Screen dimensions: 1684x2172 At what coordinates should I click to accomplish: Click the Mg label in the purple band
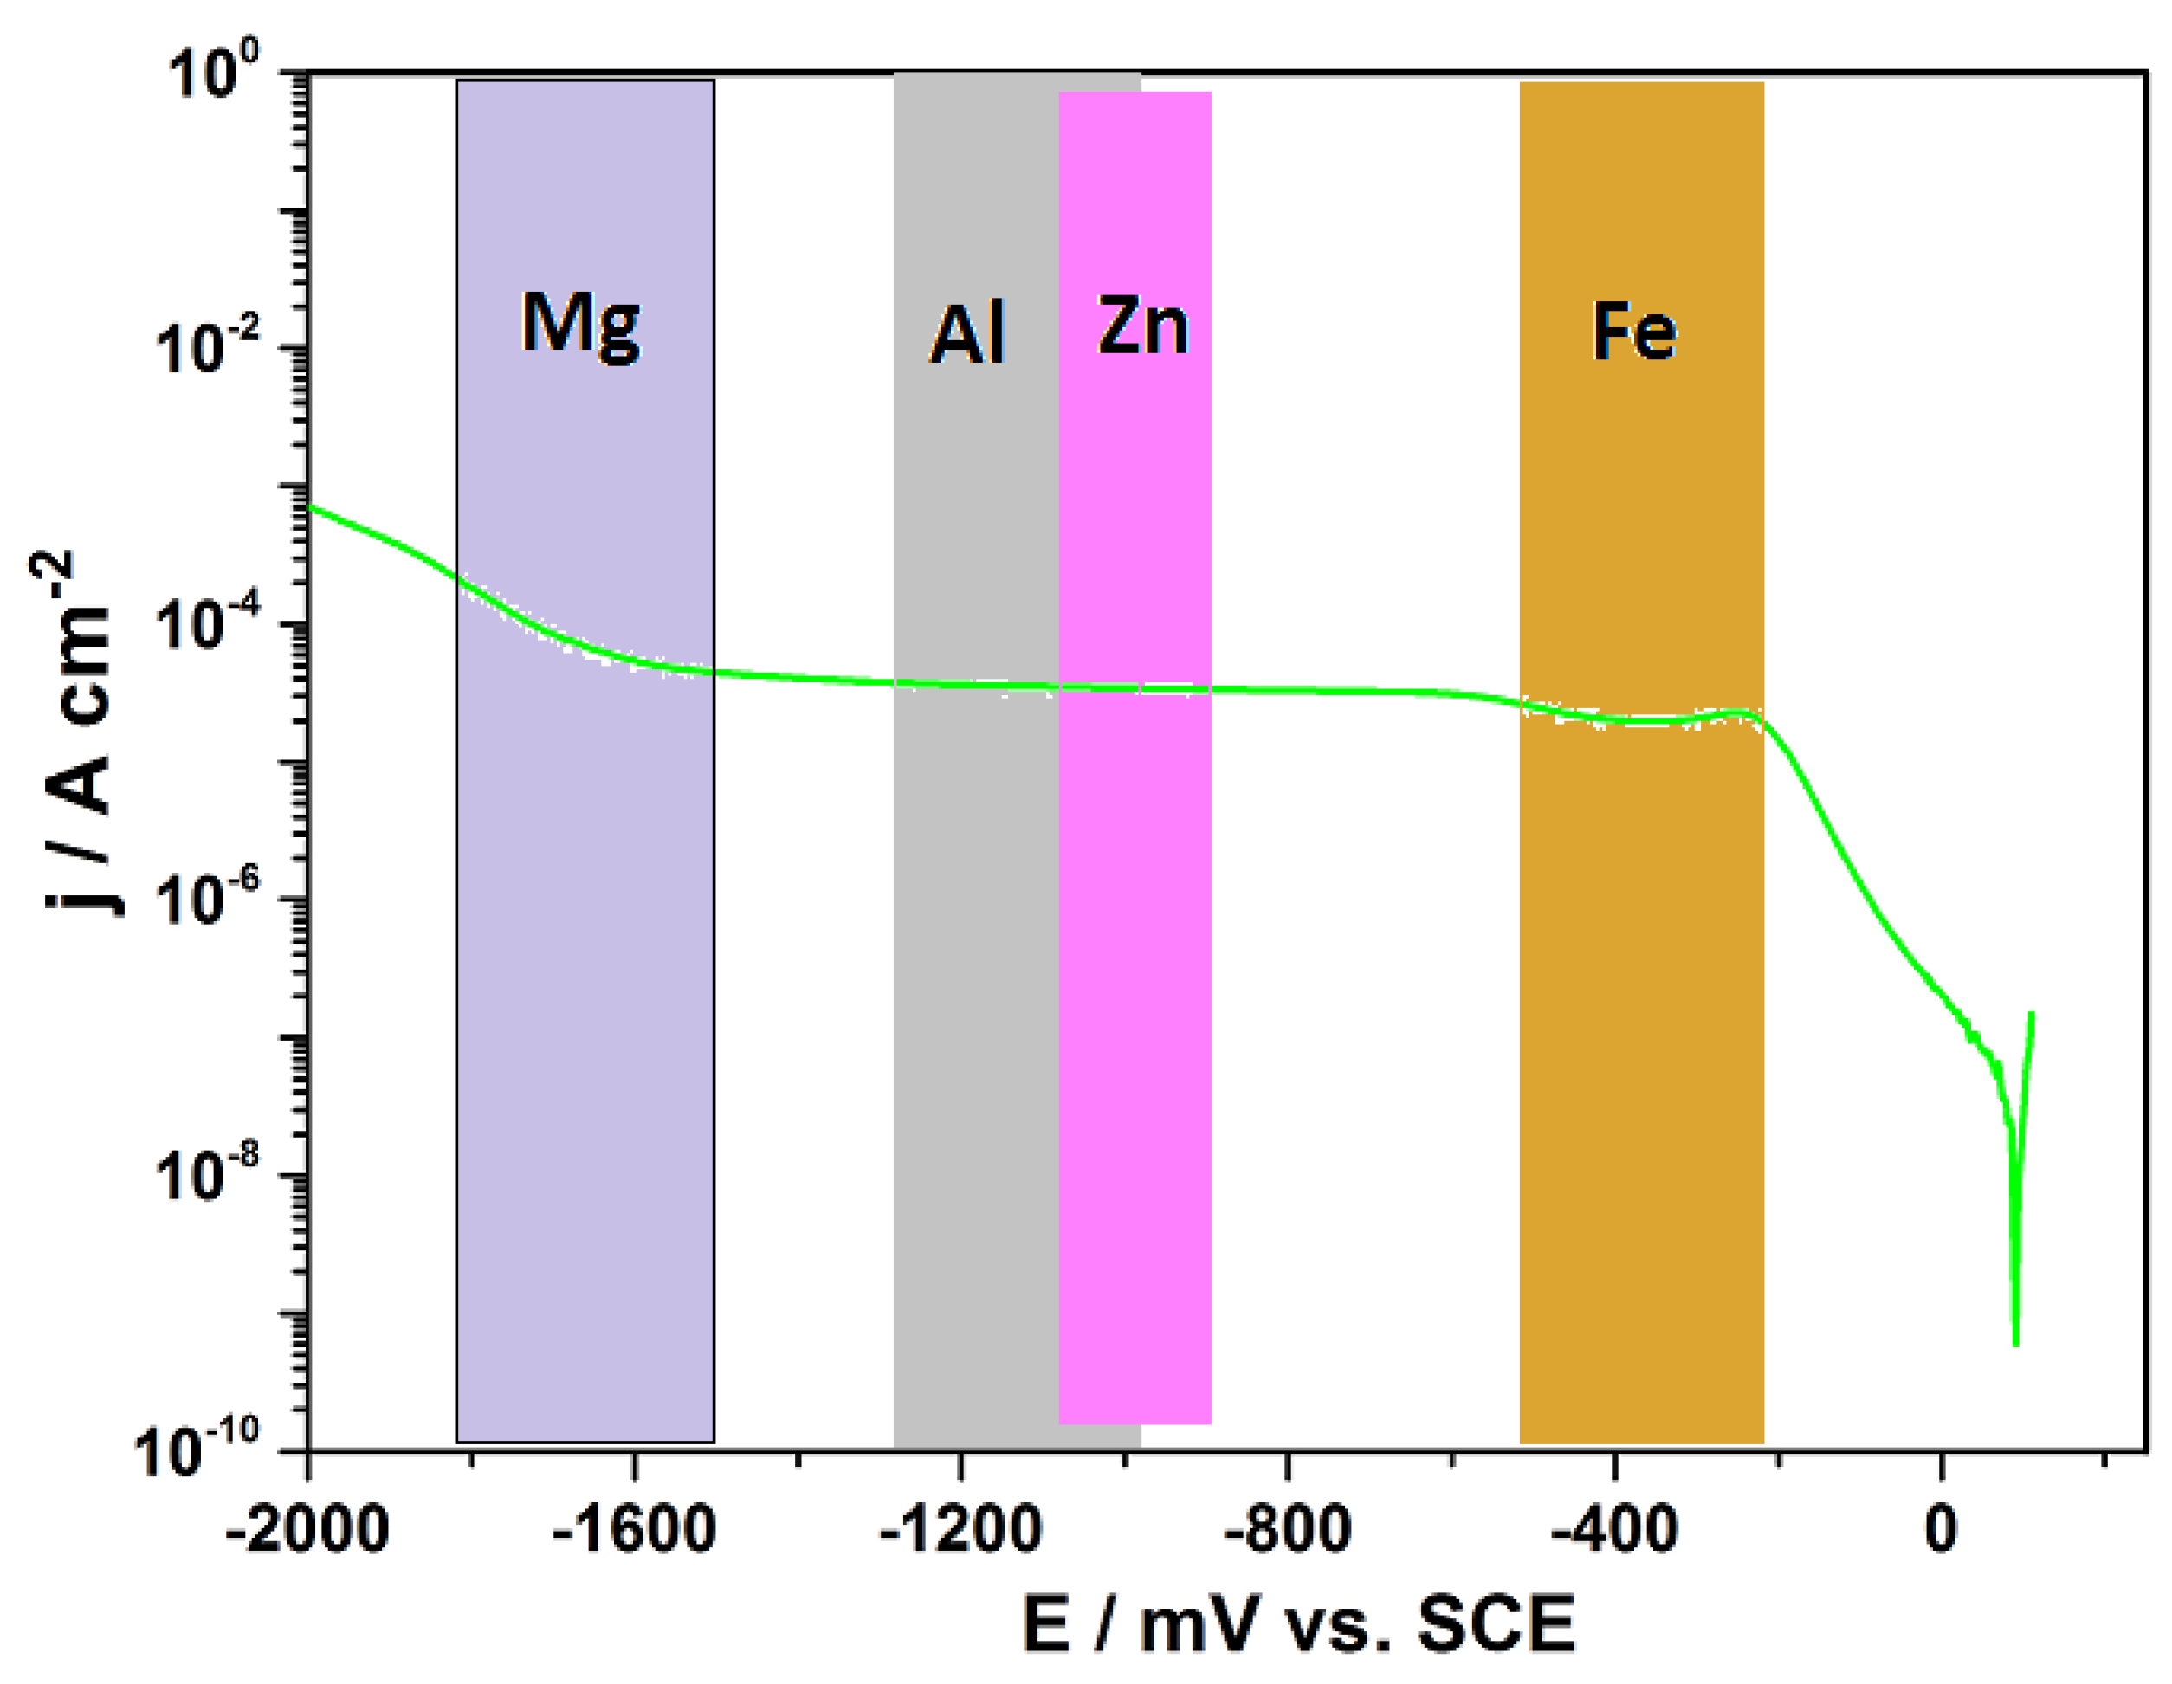(x=581, y=324)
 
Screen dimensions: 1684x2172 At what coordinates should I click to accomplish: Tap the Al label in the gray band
(x=967, y=333)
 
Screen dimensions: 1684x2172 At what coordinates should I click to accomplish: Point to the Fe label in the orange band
(x=1634, y=331)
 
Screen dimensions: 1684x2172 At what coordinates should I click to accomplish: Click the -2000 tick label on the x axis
(x=307, y=1528)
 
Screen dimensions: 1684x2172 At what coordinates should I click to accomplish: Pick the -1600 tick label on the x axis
(x=634, y=1528)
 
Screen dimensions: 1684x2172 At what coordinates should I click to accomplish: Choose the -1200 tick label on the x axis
(x=960, y=1528)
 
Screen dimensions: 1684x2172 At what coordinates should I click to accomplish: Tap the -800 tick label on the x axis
(x=1287, y=1528)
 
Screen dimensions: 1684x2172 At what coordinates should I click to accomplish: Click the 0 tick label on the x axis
(x=1940, y=1528)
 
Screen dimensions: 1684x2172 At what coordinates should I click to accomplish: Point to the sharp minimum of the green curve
(x=2015, y=1343)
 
